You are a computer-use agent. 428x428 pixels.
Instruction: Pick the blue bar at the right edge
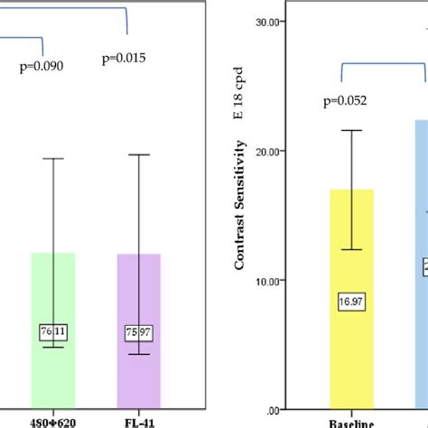(420, 271)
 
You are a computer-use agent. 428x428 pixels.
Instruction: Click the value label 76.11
(53, 332)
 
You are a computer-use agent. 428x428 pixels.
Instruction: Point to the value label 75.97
(138, 332)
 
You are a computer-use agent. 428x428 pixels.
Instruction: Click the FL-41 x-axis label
(138, 421)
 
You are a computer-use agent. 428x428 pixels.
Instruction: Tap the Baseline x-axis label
(351, 422)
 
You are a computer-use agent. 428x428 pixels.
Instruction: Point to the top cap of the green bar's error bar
(53, 159)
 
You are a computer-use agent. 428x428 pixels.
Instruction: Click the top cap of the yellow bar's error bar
(351, 131)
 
